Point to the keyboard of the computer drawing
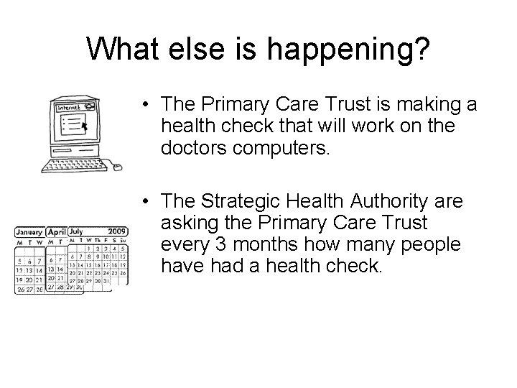[70, 167]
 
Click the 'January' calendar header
[29, 233]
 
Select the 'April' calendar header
[57, 233]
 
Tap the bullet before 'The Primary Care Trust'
[145, 105]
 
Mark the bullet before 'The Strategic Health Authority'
[145, 200]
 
